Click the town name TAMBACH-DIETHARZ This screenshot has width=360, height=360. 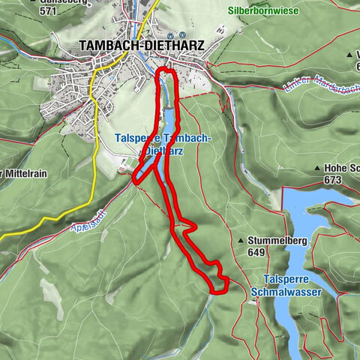[x=142, y=45]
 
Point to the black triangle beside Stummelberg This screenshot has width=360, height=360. [x=239, y=241]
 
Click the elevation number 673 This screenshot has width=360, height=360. [x=334, y=181]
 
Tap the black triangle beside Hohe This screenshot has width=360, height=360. [x=319, y=169]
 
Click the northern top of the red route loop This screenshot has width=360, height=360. [x=166, y=70]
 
